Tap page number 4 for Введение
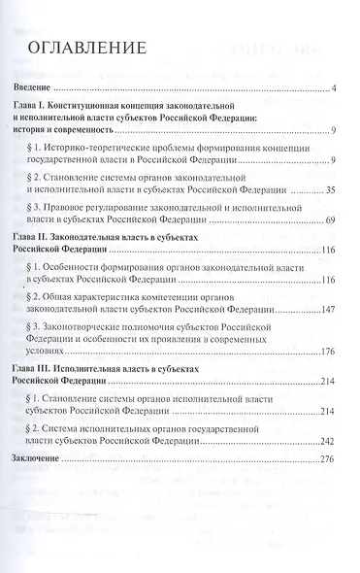[x=332, y=90]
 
